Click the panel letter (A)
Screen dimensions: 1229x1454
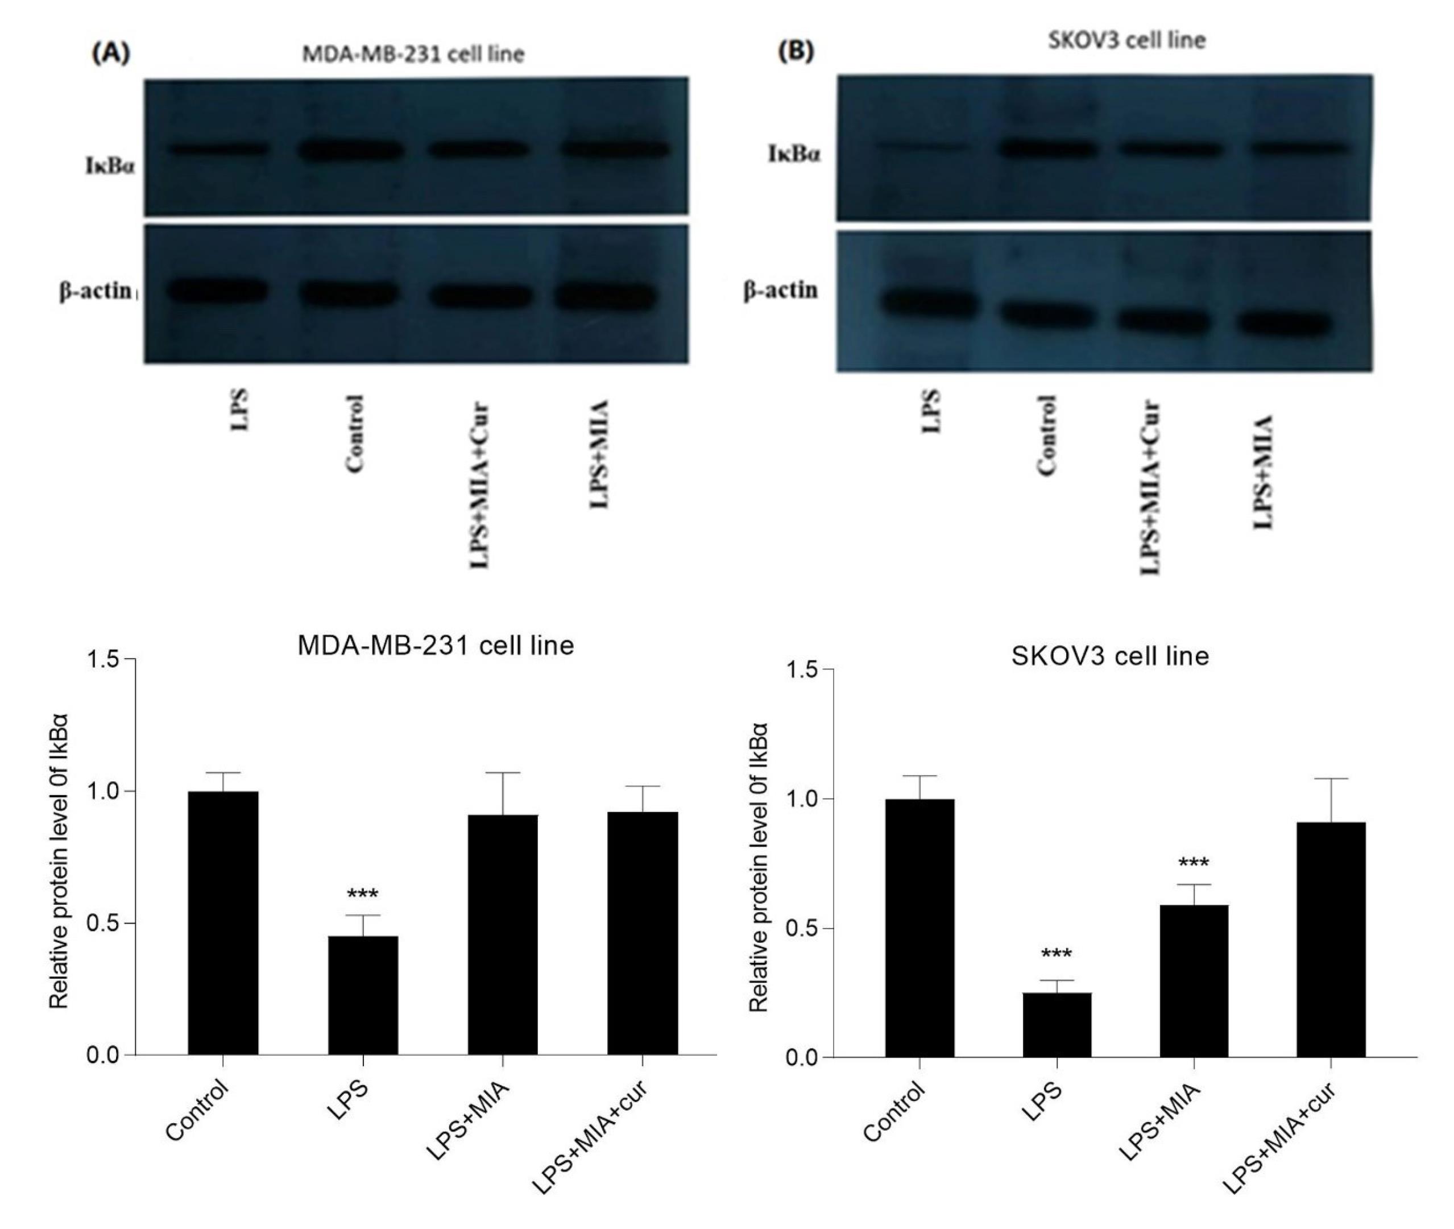pos(111,53)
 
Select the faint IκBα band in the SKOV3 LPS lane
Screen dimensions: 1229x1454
pos(922,146)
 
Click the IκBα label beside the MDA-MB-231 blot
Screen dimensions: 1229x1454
pos(111,167)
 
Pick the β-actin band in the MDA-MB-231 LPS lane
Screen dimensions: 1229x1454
pos(217,291)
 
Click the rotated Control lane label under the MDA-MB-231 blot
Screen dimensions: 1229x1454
pos(355,434)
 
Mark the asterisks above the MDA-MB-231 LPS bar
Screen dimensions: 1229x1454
pos(362,895)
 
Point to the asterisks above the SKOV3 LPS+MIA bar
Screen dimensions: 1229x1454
pos(1194,863)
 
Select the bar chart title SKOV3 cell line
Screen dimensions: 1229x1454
pos(1110,656)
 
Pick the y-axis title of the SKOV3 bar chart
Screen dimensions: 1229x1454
pos(759,867)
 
